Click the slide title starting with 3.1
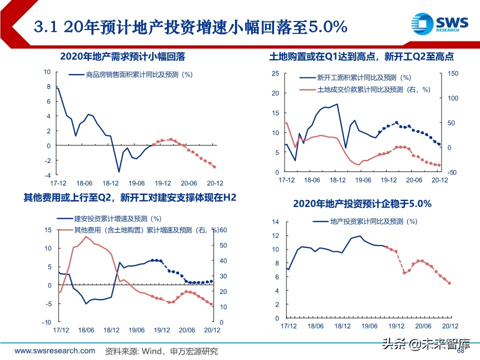point(190,26)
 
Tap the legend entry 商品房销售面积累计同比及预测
point(139,74)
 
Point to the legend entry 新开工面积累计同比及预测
point(363,77)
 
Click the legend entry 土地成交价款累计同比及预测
point(373,89)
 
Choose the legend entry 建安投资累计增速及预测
point(117,218)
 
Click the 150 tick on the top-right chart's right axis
point(452,73)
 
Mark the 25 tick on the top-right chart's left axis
point(274,74)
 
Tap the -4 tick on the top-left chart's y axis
point(47,175)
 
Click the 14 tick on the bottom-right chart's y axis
point(275,221)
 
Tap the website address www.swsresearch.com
point(55,350)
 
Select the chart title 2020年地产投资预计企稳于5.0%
point(362,203)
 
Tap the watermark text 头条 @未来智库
point(426,344)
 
